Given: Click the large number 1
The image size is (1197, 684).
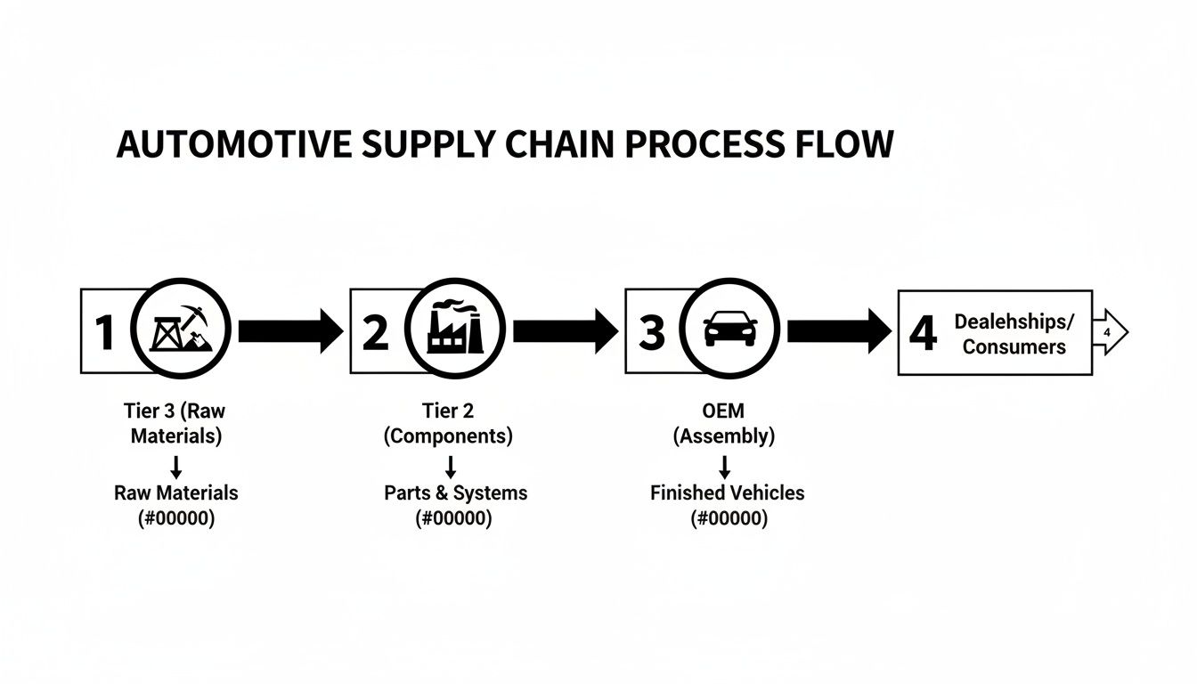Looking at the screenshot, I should (105, 332).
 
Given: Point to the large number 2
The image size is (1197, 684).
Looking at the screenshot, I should (376, 332).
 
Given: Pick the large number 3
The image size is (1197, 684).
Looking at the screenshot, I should (651, 332).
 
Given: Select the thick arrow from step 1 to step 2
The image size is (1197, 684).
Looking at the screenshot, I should (289, 331).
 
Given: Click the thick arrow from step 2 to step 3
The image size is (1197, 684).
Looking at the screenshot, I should (563, 331).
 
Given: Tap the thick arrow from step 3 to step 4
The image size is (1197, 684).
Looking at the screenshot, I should (837, 331).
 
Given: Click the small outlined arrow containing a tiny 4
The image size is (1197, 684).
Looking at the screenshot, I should (1109, 332).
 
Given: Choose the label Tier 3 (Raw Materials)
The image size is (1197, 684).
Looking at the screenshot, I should (175, 424).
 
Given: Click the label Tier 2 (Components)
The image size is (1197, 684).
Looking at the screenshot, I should (448, 424).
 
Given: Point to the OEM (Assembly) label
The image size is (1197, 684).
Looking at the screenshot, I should (723, 424).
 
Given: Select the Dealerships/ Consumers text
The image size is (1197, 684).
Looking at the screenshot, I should (1014, 334).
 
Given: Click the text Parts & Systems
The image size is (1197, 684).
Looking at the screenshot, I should (455, 493).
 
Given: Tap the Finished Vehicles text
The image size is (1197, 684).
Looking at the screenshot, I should (727, 493).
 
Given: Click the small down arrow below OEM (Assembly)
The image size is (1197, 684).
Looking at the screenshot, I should (724, 466).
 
